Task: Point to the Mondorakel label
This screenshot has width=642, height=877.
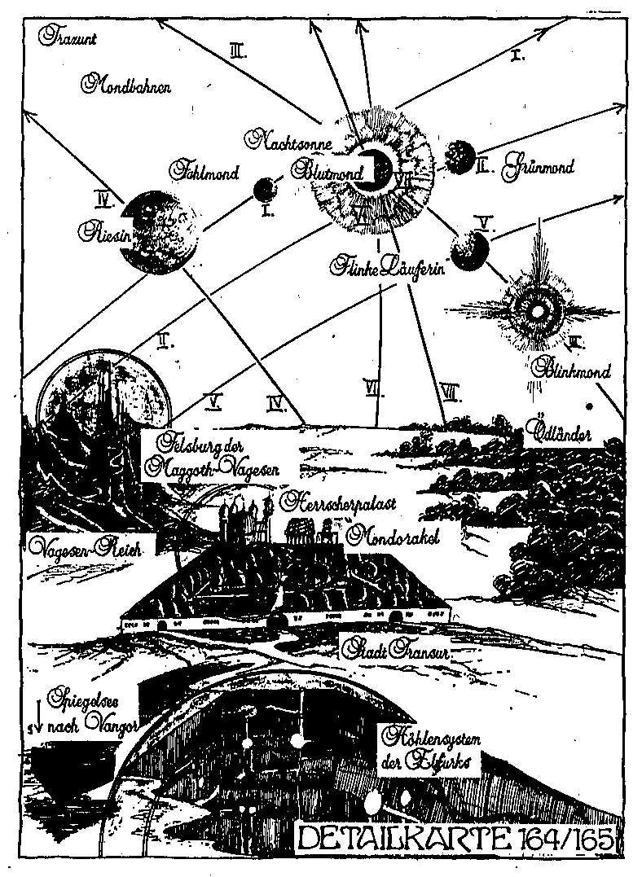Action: [x=394, y=536]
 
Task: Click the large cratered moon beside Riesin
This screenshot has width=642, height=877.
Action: [x=159, y=229]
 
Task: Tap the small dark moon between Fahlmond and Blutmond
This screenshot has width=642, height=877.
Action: [x=265, y=191]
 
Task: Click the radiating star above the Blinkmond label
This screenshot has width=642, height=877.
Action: [x=537, y=307]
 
